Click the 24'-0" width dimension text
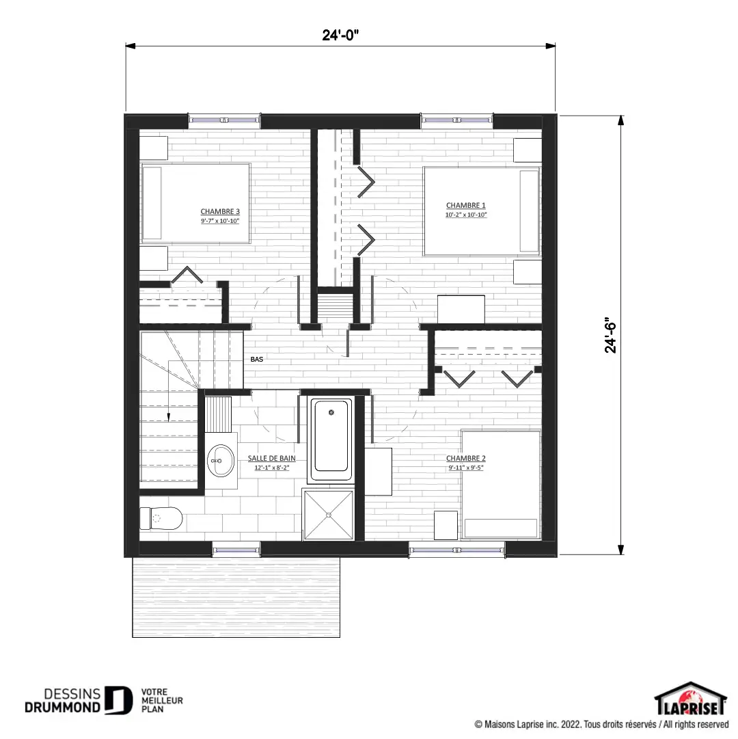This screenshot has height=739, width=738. (340, 35)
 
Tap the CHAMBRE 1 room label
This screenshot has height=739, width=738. (466, 205)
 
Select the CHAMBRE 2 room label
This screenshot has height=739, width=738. (466, 458)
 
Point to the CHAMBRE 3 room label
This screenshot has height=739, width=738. (220, 211)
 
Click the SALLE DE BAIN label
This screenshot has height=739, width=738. (272, 458)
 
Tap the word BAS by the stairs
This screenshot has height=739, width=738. (257, 359)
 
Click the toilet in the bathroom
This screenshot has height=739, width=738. (161, 518)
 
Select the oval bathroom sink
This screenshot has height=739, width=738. (221, 461)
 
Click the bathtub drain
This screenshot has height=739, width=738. (331, 412)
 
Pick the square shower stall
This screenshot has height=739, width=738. (328, 514)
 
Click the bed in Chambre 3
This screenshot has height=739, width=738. (195, 203)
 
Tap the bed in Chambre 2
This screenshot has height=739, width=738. (501, 485)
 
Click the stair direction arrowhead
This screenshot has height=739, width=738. (169, 417)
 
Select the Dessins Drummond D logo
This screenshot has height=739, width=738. (118, 700)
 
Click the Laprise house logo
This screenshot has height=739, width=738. (690, 699)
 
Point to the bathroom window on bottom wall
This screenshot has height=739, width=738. (236, 550)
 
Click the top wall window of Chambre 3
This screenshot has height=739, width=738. (225, 120)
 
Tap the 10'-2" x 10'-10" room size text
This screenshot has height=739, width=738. (466, 215)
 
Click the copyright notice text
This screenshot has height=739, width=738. (601, 725)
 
